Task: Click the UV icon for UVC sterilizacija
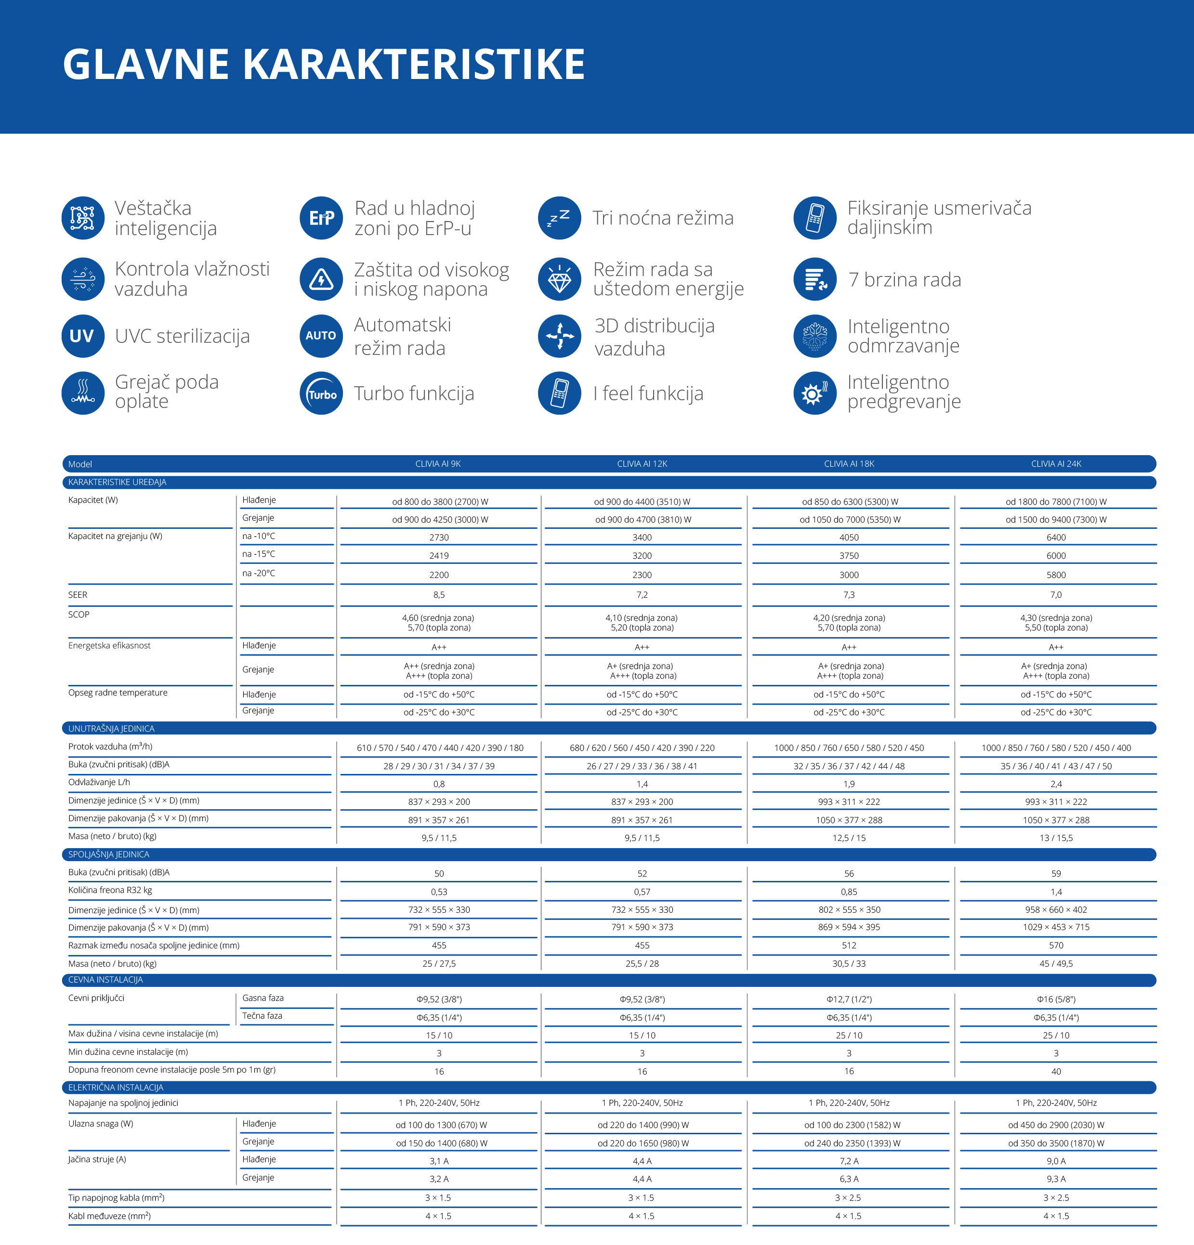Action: click(x=82, y=336)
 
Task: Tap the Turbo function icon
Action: click(x=321, y=393)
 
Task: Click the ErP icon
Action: click(x=321, y=218)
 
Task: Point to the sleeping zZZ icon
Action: click(x=559, y=218)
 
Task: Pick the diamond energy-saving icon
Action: click(x=559, y=279)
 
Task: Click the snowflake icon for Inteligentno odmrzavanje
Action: click(x=815, y=336)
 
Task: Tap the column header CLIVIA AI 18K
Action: click(x=849, y=464)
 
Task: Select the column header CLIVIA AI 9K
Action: click(x=438, y=464)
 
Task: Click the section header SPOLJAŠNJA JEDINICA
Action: click(x=108, y=854)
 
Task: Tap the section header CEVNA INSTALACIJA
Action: click(x=105, y=980)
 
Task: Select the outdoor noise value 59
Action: click(x=1056, y=873)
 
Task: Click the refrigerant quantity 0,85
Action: click(x=849, y=892)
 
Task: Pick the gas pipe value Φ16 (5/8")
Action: click(x=1056, y=999)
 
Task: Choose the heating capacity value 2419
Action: click(x=439, y=556)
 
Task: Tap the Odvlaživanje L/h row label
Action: click(x=99, y=782)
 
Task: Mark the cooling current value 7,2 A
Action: click(x=849, y=1161)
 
